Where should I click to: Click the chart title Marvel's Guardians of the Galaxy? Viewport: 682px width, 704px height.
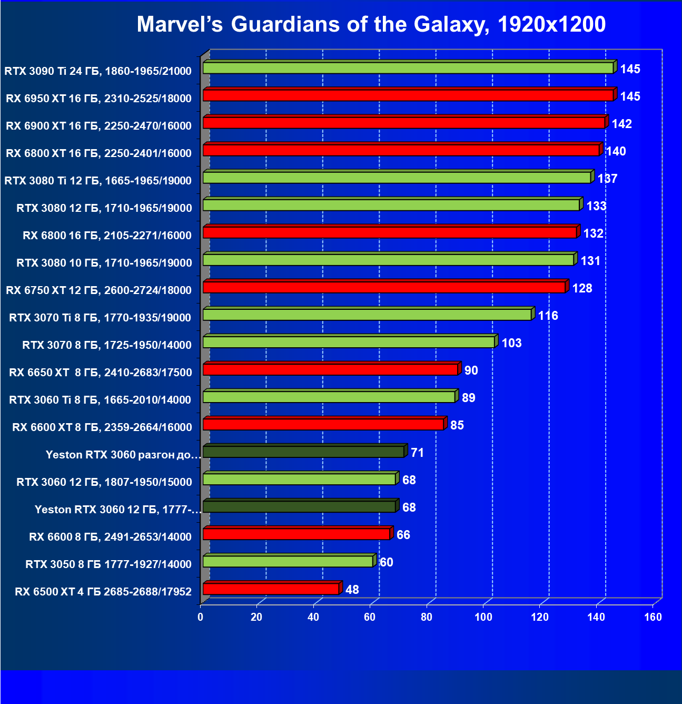pos(371,24)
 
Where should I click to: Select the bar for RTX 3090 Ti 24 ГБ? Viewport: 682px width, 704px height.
pos(408,68)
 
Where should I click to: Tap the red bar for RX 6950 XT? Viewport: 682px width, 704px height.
pos(408,95)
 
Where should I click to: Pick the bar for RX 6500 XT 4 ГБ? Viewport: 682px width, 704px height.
pos(271,589)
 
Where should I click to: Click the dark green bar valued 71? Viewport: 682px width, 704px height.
pos(303,452)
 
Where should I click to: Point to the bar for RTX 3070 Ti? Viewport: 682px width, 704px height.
pos(367,315)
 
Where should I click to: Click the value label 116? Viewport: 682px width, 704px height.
pos(548,316)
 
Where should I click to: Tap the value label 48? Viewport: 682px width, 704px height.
pos(352,590)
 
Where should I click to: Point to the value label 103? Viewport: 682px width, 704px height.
pos(511,343)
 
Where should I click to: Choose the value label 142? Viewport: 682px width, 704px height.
pos(621,124)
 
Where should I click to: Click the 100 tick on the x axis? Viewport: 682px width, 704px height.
pos(483,617)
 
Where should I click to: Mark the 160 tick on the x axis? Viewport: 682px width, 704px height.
pos(653,617)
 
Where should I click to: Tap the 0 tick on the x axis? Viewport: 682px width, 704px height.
pos(201,617)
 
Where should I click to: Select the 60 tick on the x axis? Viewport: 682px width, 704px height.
pos(370,617)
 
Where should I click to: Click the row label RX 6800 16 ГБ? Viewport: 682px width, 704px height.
pos(107,236)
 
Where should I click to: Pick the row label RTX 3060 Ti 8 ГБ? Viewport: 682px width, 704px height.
pos(100,400)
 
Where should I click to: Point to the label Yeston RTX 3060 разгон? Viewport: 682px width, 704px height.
pos(123,455)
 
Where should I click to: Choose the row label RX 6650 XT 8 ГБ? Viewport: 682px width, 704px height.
pos(101,373)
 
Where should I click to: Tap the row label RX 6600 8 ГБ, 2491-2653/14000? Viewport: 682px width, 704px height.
pos(110,537)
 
